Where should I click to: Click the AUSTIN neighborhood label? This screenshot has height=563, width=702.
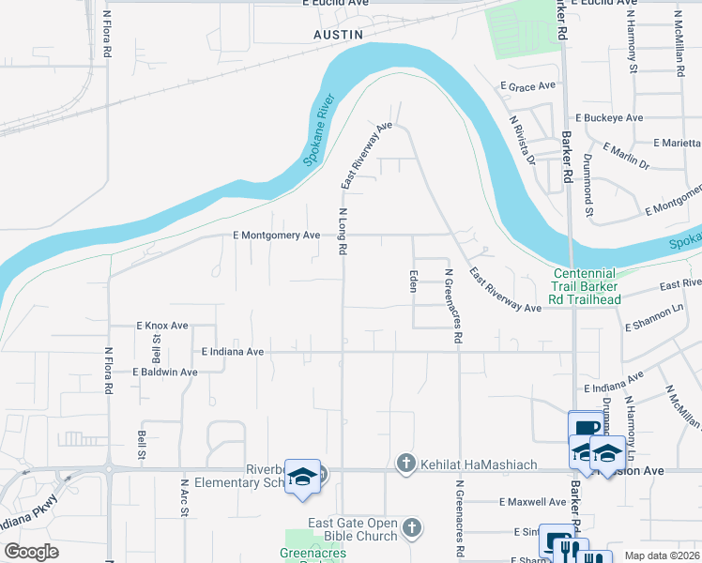pos(337,34)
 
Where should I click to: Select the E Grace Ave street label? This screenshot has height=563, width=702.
pos(528,85)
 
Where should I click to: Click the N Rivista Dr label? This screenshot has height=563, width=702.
pos(522,140)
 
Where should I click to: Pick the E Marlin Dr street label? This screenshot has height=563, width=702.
pos(626,156)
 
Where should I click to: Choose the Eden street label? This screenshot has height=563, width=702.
pos(412,281)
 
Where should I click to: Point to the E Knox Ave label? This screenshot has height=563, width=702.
pos(160,326)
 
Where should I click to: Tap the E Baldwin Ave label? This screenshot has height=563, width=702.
pos(164,372)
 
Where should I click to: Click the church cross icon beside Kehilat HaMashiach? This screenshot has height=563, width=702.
pos(405,462)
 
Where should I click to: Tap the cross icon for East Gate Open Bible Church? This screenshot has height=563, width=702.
pos(410,529)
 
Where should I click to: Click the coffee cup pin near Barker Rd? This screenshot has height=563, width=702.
pos(586,428)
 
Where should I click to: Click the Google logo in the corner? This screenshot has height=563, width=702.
pos(31,552)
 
